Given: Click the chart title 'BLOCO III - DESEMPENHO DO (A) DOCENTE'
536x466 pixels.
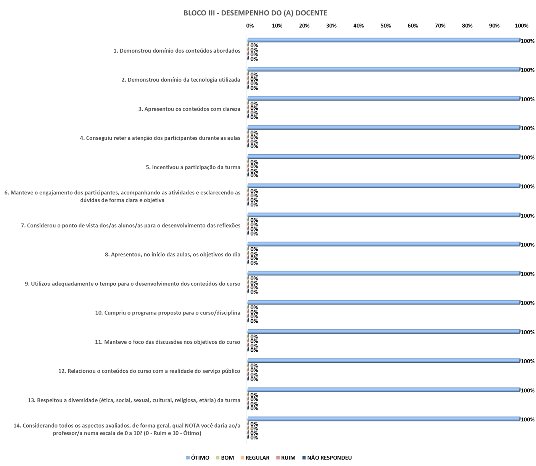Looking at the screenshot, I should point(255,13).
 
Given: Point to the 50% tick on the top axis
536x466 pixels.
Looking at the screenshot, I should point(386,26).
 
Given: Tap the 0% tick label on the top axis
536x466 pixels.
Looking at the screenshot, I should point(250,26).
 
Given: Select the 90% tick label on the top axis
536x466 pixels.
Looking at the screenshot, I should point(494,26).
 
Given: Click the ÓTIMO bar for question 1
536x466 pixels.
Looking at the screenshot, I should point(383,40).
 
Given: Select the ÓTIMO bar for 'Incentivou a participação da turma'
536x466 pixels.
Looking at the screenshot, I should point(383,157).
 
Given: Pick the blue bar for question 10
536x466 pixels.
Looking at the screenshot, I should point(383,302).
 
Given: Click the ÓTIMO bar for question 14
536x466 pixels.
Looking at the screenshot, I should point(383,419).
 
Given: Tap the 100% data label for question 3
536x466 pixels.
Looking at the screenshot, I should point(528,99).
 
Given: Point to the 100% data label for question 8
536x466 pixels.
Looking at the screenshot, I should point(528,245).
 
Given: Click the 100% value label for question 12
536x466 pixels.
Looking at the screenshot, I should point(528,361).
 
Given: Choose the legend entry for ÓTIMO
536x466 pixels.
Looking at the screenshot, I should point(198,458).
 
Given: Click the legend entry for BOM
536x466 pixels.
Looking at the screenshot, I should point(225,458).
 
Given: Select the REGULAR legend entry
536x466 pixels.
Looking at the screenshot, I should point(255,458).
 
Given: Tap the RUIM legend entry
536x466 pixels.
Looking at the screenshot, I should point(286,458).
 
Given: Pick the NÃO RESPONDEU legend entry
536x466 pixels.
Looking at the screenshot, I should point(327,458).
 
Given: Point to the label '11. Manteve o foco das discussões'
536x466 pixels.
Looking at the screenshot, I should point(167,342).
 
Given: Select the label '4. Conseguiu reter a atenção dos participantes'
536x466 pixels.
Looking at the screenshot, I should point(160,138).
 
